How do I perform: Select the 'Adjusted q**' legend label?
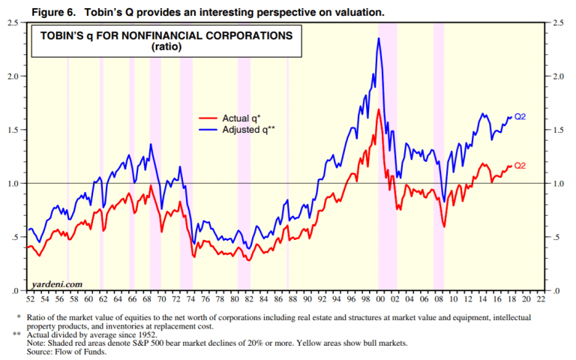pyautogui.click(x=247, y=129)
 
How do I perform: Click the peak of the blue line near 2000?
pyautogui.click(x=379, y=38)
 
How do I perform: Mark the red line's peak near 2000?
pyautogui.click(x=379, y=109)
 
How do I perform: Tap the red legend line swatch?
pyautogui.click(x=208, y=118)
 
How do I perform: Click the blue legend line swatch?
pyautogui.click(x=208, y=129)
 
